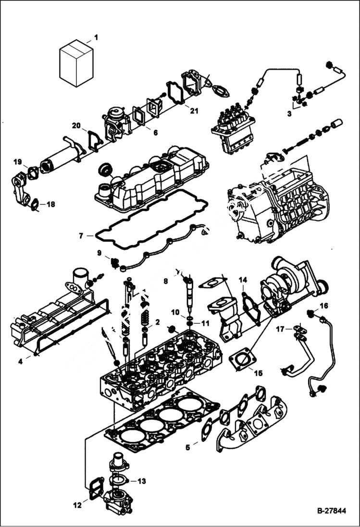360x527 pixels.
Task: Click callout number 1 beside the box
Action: (x=95, y=37)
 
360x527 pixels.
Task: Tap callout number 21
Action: (x=194, y=112)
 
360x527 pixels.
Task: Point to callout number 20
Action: (x=76, y=126)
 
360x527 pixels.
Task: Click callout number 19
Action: (x=18, y=161)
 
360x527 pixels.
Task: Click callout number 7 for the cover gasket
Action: (x=82, y=236)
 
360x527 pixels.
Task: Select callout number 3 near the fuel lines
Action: (x=290, y=114)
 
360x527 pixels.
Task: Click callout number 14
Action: (x=243, y=280)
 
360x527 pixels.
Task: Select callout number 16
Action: (x=324, y=306)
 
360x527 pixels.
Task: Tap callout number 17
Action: (x=279, y=329)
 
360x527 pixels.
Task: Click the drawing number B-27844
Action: (x=331, y=511)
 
